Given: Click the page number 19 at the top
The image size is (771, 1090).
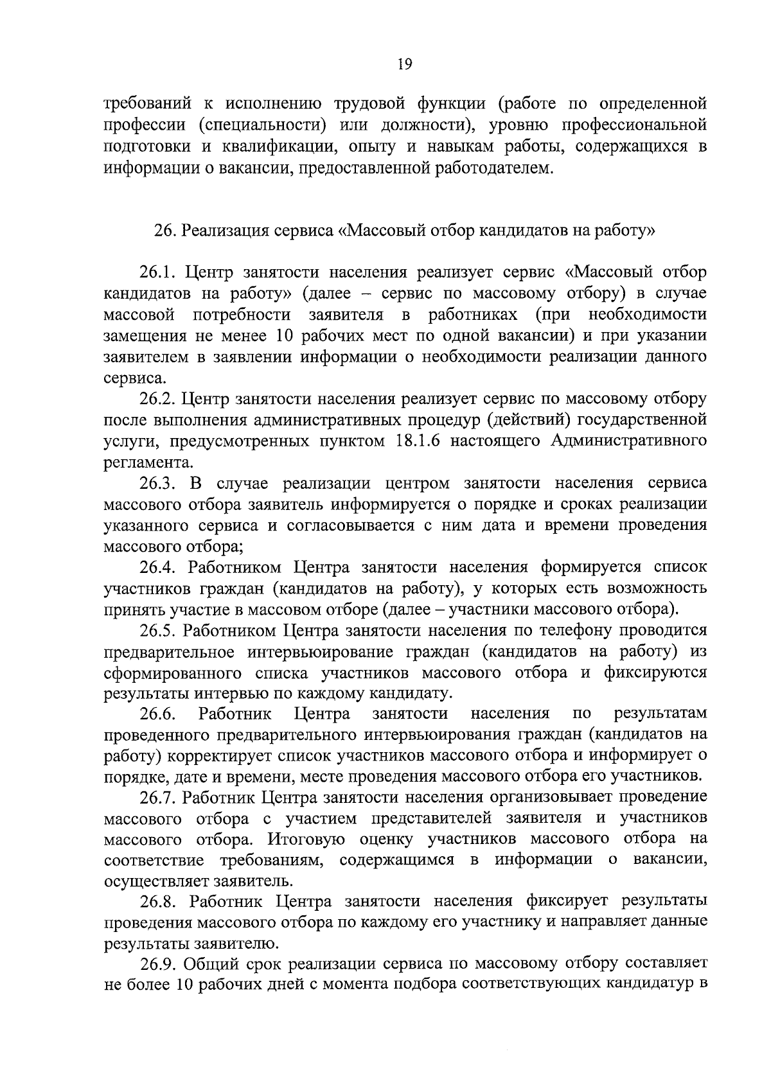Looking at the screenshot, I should pyautogui.click(x=404, y=64).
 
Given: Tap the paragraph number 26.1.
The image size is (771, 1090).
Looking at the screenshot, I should pyautogui.click(x=158, y=272).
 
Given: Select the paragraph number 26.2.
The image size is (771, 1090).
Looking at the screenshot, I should pyautogui.click(x=158, y=399).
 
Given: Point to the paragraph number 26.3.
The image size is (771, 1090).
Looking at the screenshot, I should pyautogui.click(x=158, y=483).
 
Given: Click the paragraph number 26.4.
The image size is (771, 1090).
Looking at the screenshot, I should pyautogui.click(x=158, y=567).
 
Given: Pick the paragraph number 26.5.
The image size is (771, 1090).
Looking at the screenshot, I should pyautogui.click(x=158, y=630).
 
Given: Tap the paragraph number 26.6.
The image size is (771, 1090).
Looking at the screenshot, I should pyautogui.click(x=158, y=714).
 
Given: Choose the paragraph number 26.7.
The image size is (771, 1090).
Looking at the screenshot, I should pyautogui.click(x=158, y=798).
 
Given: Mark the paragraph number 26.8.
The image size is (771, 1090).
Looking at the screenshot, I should pyautogui.click(x=158, y=902).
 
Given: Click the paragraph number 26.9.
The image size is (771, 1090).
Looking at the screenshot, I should pyautogui.click(x=158, y=963).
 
